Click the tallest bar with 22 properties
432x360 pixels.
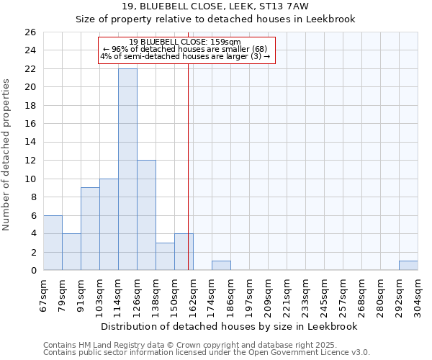(x=127, y=169)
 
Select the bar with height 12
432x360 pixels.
(x=146, y=215)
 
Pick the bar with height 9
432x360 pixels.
(x=90, y=229)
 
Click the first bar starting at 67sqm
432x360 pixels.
(x=53, y=243)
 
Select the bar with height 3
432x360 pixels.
(x=165, y=256)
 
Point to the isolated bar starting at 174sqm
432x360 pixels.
(x=221, y=266)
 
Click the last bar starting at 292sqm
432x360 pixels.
(x=408, y=266)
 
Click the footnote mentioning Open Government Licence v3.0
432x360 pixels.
(x=207, y=353)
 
